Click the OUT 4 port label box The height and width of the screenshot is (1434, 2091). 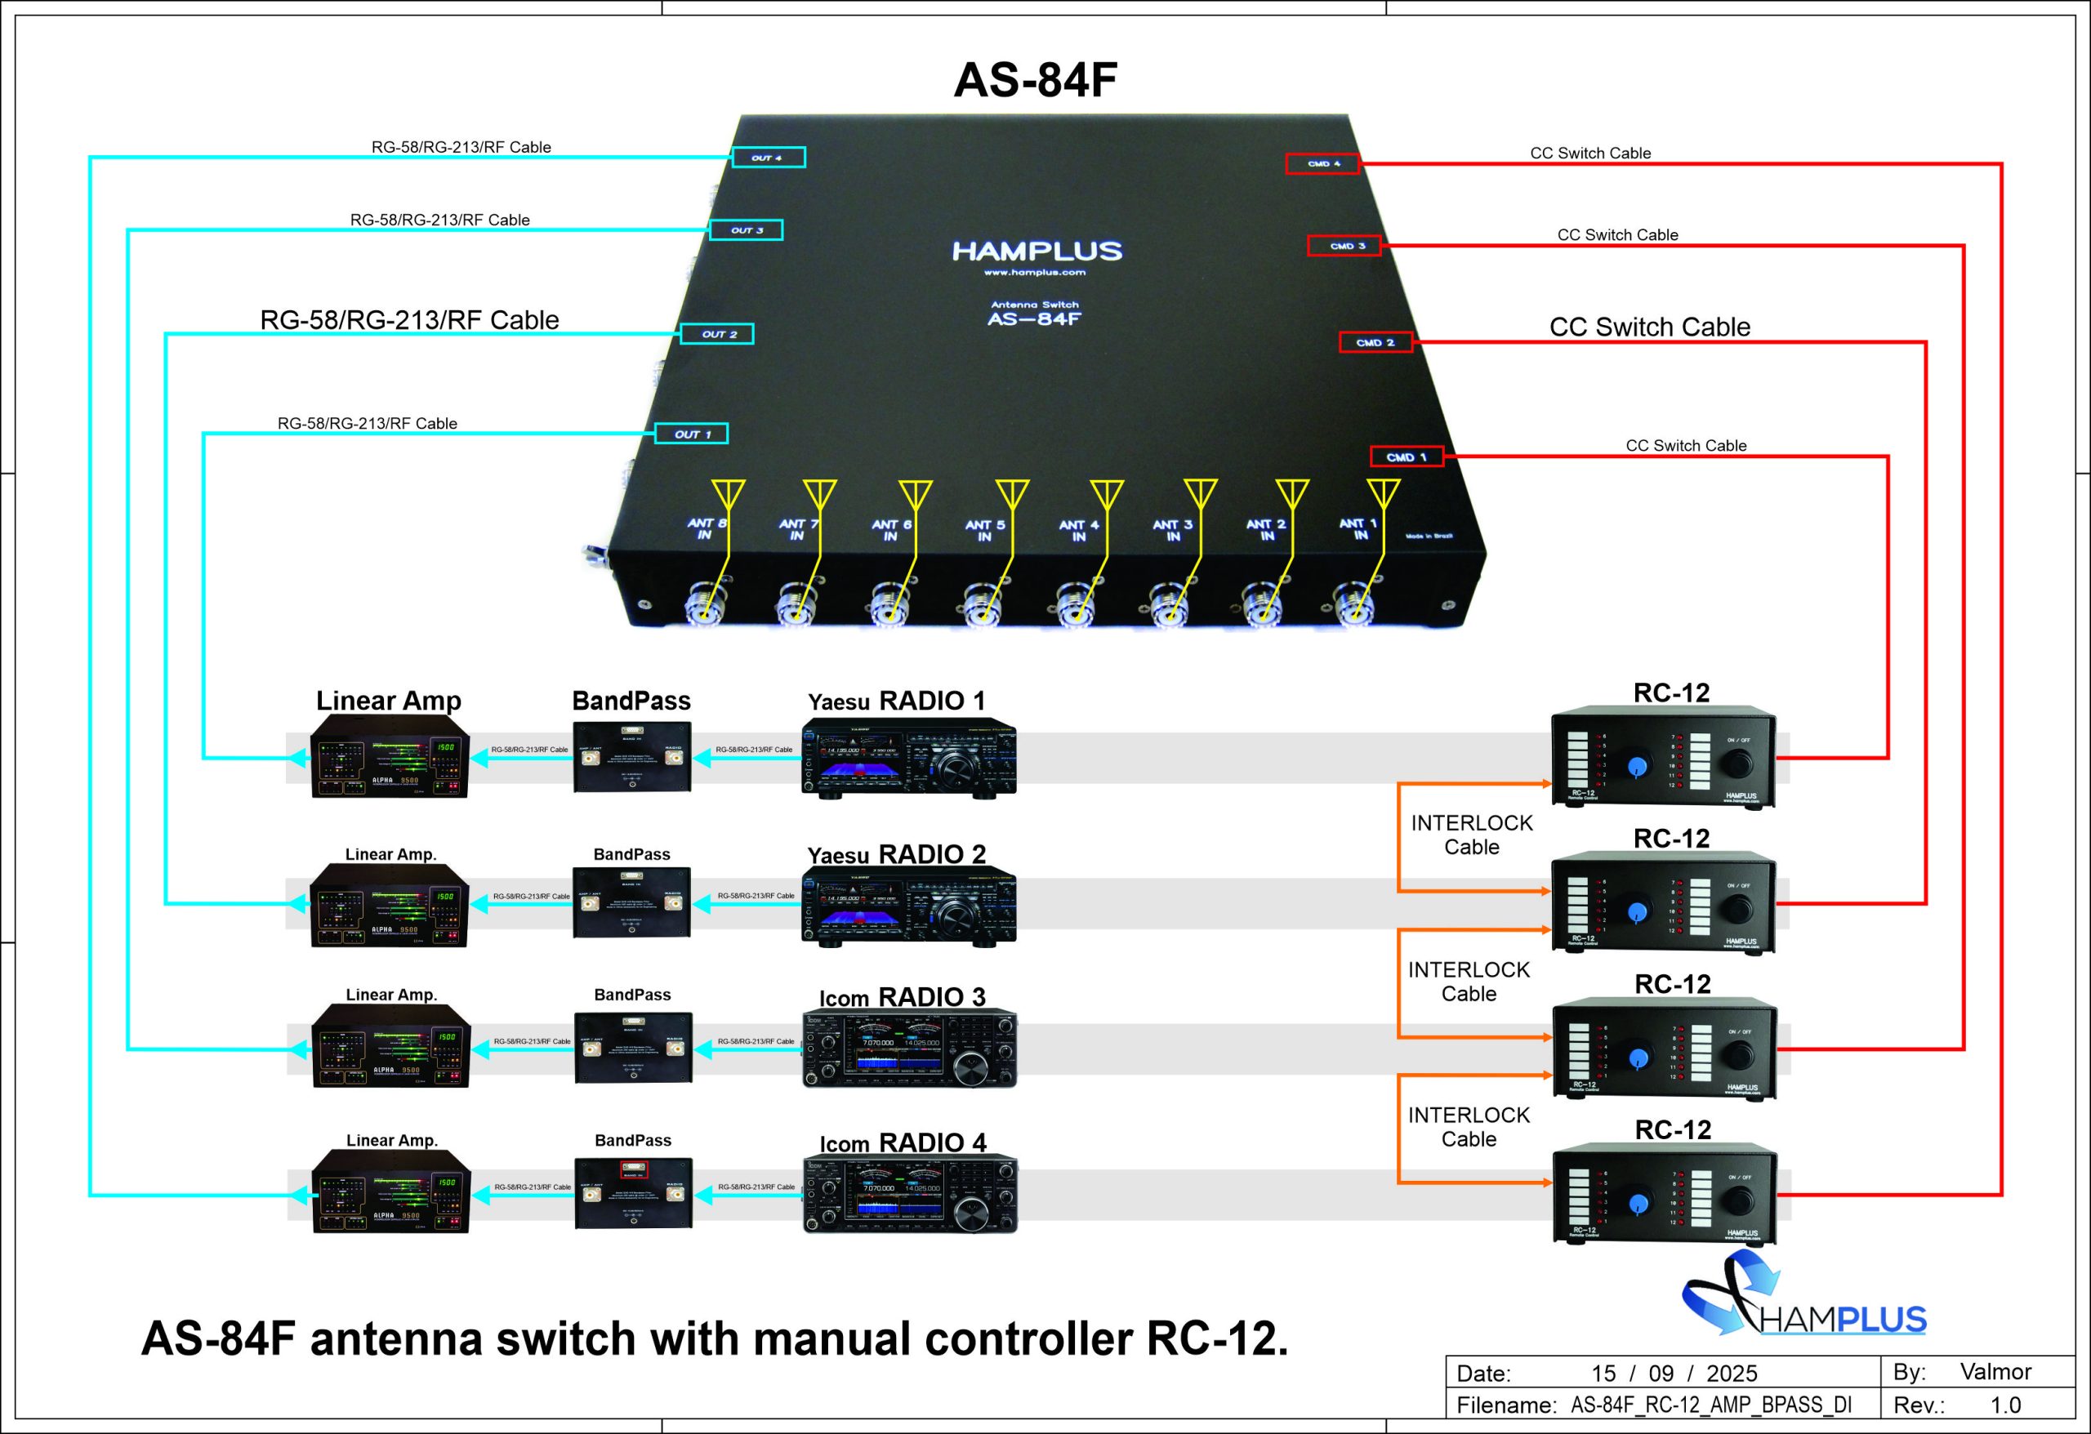click(768, 158)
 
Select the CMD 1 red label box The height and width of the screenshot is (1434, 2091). click(1407, 457)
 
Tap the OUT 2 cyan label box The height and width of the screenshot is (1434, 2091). click(716, 334)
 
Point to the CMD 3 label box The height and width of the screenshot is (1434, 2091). click(1344, 246)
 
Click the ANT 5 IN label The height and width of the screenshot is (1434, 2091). click(984, 530)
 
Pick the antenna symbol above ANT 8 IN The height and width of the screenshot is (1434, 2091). click(728, 494)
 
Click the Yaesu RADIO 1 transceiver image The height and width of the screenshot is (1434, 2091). click(909, 758)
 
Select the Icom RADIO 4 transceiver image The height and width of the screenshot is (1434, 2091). click(910, 1194)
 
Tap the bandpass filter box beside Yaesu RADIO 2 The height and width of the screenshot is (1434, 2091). click(631, 902)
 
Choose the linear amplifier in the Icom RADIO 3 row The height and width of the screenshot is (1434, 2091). click(390, 1046)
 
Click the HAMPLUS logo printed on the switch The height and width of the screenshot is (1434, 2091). click(1037, 251)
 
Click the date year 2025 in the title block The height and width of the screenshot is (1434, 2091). click(1731, 1373)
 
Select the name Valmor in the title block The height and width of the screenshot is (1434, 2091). click(1995, 1371)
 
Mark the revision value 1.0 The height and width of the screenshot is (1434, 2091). click(2004, 1405)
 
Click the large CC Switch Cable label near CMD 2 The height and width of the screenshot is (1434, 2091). click(1649, 327)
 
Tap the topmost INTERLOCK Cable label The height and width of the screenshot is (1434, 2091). click(1471, 834)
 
